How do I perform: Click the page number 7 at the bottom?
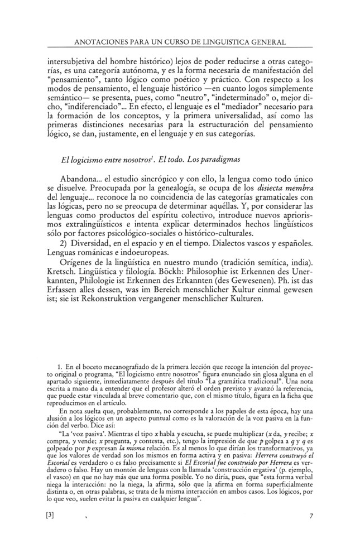[311, 516]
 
